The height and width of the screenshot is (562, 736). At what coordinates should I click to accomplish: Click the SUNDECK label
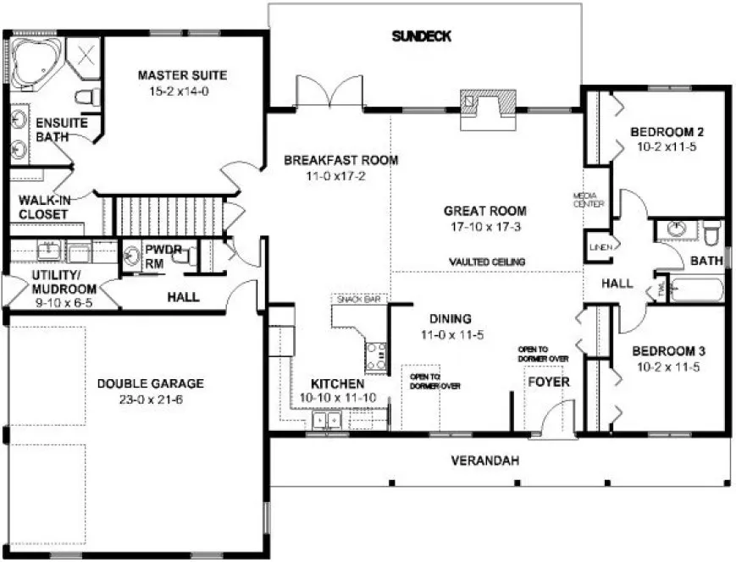click(x=422, y=36)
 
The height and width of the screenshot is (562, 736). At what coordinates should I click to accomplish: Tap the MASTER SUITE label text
click(x=182, y=75)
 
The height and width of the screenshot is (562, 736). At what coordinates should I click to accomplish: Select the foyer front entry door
click(x=556, y=421)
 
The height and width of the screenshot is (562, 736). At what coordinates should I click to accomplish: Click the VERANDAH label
click(x=484, y=460)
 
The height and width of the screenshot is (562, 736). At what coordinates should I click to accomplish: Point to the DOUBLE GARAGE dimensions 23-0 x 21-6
click(x=150, y=399)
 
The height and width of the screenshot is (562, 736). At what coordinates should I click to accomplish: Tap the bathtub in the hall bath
click(x=697, y=290)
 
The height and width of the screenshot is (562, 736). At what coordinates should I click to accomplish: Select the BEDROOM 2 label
click(x=668, y=131)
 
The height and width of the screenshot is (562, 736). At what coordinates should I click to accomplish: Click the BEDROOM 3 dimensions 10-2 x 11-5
click(x=668, y=367)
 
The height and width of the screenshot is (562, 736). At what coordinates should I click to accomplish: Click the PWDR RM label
click(x=161, y=257)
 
